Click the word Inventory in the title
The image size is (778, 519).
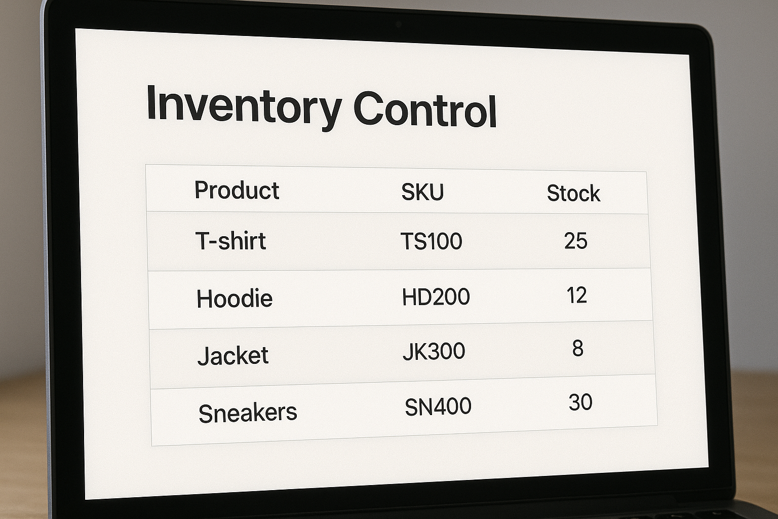pyautogui.click(x=243, y=106)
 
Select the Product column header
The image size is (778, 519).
pyautogui.click(x=237, y=191)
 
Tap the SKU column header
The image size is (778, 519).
pyautogui.click(x=422, y=192)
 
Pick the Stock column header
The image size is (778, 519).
pyautogui.click(x=573, y=193)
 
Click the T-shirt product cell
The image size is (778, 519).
pyautogui.click(x=230, y=241)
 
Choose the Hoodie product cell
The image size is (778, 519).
pyautogui.click(x=235, y=299)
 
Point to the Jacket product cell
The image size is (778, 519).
pyautogui.click(x=233, y=355)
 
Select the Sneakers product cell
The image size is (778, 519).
pyautogui.click(x=248, y=413)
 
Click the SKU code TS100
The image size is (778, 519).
pyautogui.click(x=431, y=241)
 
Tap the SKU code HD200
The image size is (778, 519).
pyautogui.click(x=436, y=297)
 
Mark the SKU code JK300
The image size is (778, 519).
pyautogui.click(x=434, y=351)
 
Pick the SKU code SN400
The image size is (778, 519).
pyautogui.click(x=438, y=406)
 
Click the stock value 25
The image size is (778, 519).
pyautogui.click(x=576, y=241)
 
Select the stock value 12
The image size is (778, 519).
pyautogui.click(x=577, y=295)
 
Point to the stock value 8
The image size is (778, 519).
pyautogui.click(x=577, y=349)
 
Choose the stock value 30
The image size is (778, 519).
pyautogui.click(x=580, y=402)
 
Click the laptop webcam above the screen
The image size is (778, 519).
pyautogui.click(x=399, y=24)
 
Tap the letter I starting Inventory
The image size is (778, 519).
pyautogui.click(x=150, y=103)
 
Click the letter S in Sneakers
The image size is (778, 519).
pyautogui.click(x=206, y=414)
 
